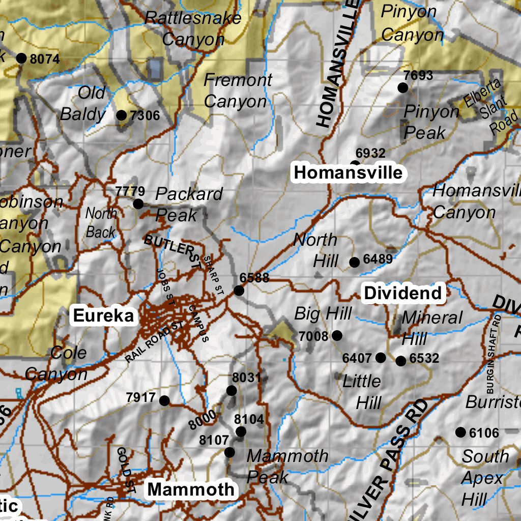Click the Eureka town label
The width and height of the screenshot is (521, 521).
click(104, 315)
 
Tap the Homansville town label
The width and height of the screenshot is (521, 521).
click(348, 173)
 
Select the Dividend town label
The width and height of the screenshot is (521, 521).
click(403, 293)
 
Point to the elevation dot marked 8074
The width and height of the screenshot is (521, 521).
click(21, 58)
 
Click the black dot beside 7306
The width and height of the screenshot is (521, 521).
click(121, 115)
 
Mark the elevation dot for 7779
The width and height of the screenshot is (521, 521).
click(138, 204)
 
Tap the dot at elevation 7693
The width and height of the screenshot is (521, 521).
click(402, 88)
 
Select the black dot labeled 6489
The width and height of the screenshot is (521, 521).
click(355, 263)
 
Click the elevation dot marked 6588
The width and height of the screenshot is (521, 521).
click(239, 291)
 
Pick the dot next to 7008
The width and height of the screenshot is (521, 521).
click(337, 335)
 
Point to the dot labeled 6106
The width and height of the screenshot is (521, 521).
click(460, 432)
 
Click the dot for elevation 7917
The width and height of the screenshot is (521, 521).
click(164, 401)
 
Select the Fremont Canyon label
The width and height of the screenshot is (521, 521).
click(237, 91)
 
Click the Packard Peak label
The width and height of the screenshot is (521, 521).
click(188, 205)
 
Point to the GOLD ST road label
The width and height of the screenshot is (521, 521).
click(125, 471)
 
